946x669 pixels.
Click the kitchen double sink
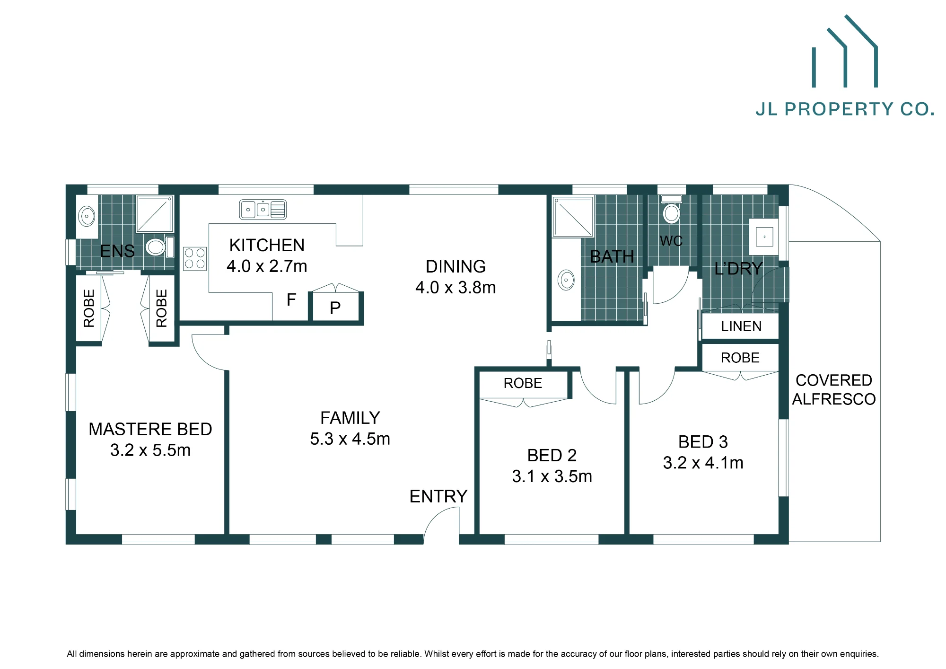263,209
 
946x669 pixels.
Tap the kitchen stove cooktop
195,258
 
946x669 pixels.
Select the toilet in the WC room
671,210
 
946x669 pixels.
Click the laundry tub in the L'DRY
764,237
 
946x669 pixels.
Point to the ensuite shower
155,214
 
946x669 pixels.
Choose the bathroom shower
573,217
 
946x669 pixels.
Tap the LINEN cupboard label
741,326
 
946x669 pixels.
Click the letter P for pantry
335,308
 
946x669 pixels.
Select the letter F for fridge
291,299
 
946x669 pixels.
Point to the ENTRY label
438,496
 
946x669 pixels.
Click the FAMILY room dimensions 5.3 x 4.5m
350,439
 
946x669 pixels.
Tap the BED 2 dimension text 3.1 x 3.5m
552,476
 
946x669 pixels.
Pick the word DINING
455,266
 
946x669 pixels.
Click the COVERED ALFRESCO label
834,389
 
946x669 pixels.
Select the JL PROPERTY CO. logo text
845,109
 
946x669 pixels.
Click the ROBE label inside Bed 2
523,383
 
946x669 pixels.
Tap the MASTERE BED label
150,429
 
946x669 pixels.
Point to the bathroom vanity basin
566,280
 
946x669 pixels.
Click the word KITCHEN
267,245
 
